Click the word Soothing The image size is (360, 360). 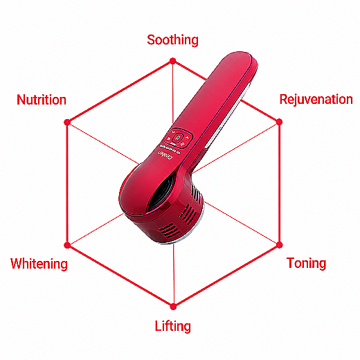point(172,40)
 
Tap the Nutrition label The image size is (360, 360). point(42,100)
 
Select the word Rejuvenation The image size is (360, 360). point(316,100)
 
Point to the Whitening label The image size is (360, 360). point(39,264)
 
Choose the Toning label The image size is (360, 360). point(306,263)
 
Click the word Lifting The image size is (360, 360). point(173,326)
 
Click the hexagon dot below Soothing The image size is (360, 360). point(172,61)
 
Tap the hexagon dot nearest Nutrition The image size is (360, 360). point(67,122)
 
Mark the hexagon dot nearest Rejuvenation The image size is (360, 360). point(279,122)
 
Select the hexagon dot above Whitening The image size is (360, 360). point(67,245)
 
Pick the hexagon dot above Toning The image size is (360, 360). point(279,244)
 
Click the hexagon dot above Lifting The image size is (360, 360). point(173,307)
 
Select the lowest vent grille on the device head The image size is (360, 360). point(170,230)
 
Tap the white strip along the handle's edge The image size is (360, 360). point(227,116)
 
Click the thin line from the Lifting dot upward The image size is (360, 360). point(174,275)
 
